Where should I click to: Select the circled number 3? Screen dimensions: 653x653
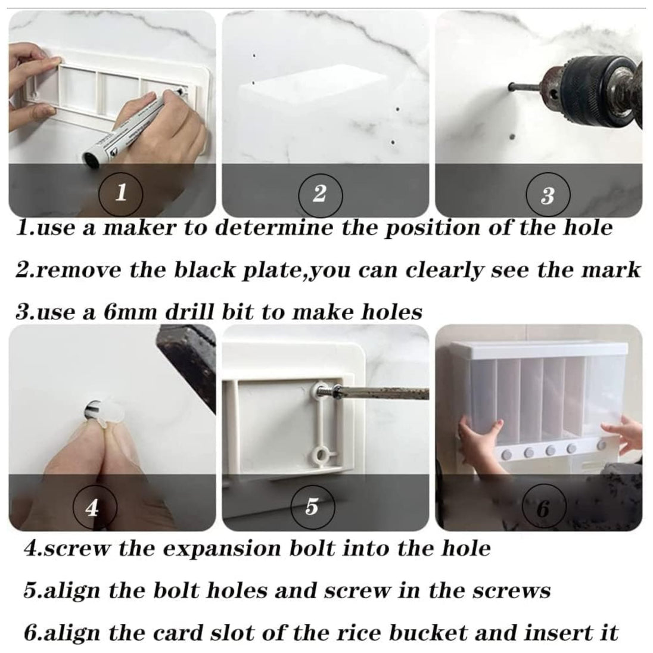click(x=548, y=195)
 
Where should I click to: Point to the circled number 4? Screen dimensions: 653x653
click(x=92, y=508)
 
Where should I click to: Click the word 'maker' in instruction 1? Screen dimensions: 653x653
click(x=140, y=228)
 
